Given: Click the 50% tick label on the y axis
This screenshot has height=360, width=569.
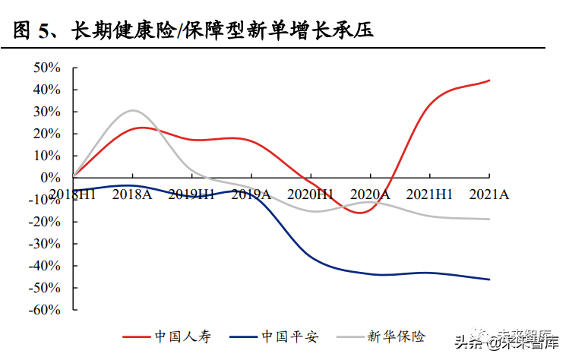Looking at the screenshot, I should pos(46,68).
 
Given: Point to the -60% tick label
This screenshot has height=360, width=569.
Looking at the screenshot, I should pos(43,310).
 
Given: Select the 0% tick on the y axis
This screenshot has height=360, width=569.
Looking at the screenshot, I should pos(50,178).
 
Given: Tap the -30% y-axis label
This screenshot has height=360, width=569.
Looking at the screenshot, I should pos(43,244).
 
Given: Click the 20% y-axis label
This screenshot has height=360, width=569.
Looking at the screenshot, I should pos(46,134).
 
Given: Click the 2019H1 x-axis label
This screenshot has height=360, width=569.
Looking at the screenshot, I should pos(191,194).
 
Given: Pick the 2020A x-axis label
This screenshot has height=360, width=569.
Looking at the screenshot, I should pos(370,194).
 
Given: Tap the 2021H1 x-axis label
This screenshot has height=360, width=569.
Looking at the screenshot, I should pos(429,194).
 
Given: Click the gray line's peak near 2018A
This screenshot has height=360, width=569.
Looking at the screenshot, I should pos(133,110).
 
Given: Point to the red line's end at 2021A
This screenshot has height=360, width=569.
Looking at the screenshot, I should pos(489,81).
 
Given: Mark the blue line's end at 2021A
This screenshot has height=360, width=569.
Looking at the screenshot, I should pos(489,279).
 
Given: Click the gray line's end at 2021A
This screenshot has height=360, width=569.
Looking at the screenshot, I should pos(489,219).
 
